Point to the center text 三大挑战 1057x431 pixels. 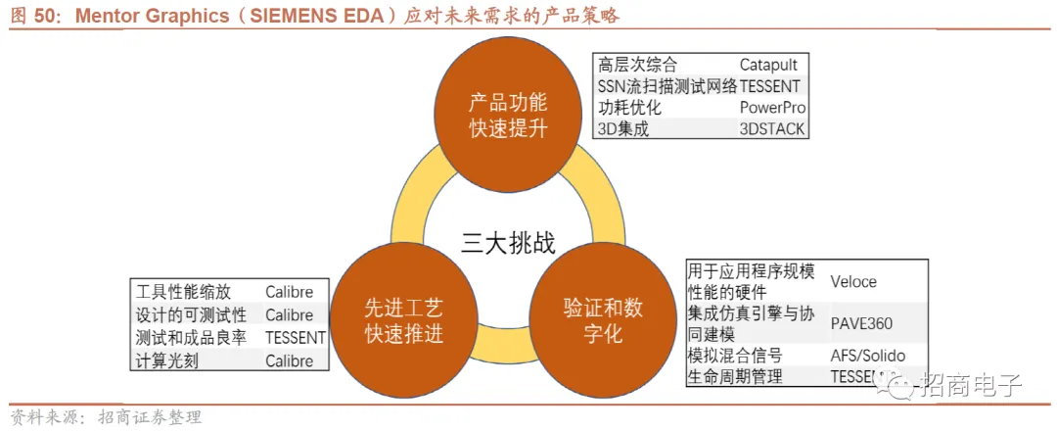[508, 243]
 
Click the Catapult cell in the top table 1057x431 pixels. [771, 67]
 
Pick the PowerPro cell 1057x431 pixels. [772, 107]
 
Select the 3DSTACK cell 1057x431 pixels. [771, 127]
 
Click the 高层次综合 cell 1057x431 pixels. [638, 67]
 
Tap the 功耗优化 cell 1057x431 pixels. [630, 107]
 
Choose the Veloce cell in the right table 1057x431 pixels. [853, 282]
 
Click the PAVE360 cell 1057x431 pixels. [861, 322]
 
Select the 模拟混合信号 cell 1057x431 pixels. [735, 356]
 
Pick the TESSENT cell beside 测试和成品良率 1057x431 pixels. [296, 338]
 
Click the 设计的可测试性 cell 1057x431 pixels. [192, 315]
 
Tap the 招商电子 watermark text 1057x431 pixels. [970, 385]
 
